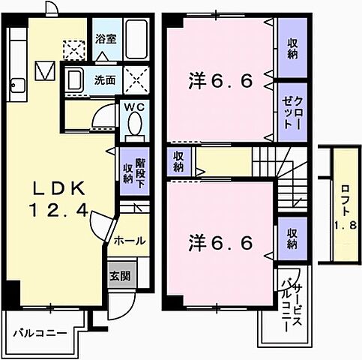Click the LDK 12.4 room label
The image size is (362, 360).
[x=61, y=199]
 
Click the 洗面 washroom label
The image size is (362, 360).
[x=103, y=79]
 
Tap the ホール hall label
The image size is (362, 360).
[x=129, y=241]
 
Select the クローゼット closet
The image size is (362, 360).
[x=293, y=109]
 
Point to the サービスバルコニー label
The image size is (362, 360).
[x=292, y=308]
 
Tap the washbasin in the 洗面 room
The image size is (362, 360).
[x=74, y=79]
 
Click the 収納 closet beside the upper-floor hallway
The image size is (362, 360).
[x=179, y=160]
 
